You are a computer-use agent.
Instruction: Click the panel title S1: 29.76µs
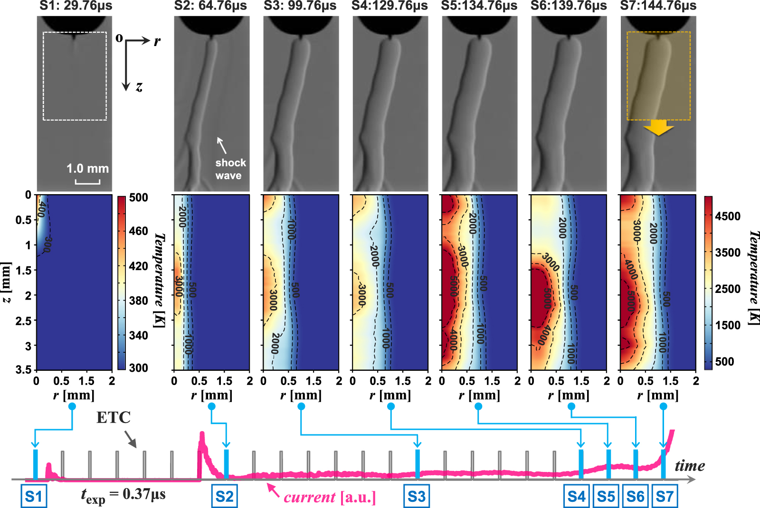pyautogui.click(x=76, y=6)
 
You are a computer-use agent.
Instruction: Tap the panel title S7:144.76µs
pyautogui.click(x=658, y=6)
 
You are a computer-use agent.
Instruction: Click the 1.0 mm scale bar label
pyautogui.click(x=87, y=169)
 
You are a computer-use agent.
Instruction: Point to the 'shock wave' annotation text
pyautogui.click(x=230, y=169)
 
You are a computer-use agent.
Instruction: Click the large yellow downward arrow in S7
pyautogui.click(x=658, y=127)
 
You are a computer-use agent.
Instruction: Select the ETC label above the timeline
pyautogui.click(x=113, y=417)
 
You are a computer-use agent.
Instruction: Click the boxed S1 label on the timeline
pyautogui.click(x=34, y=497)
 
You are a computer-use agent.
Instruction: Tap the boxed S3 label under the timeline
pyautogui.click(x=417, y=497)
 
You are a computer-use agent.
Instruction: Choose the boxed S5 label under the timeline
pyautogui.click(x=606, y=497)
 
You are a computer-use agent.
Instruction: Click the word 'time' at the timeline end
pyautogui.click(x=690, y=466)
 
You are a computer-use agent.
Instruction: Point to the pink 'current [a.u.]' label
pyautogui.click(x=330, y=498)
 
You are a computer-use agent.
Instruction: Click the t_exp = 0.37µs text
pyautogui.click(x=123, y=495)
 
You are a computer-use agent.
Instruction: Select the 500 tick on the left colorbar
pyautogui.click(x=138, y=198)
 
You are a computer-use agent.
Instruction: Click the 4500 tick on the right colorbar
pyautogui.click(x=728, y=216)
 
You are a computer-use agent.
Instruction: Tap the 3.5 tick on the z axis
pyautogui.click(x=23, y=369)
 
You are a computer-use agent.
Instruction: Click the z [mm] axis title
pyautogui.click(x=6, y=282)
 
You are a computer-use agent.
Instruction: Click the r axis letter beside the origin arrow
pyautogui.click(x=157, y=41)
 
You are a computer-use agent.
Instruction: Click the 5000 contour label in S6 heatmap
pyautogui.click(x=548, y=298)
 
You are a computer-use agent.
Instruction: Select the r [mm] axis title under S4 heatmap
pyautogui.click(x=390, y=395)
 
